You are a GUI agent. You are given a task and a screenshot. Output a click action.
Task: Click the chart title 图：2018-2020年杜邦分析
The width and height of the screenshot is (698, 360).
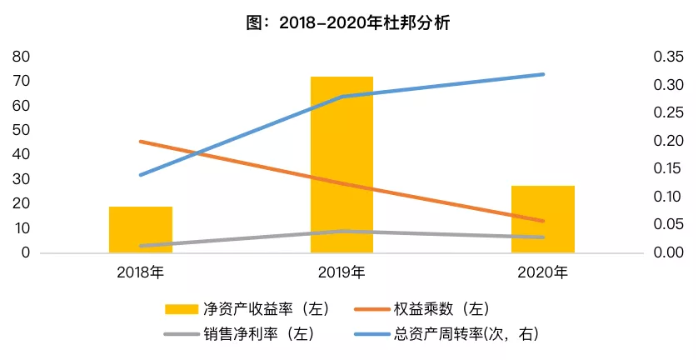tap(348, 22)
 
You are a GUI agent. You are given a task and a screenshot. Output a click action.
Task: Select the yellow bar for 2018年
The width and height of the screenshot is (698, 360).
tap(141, 229)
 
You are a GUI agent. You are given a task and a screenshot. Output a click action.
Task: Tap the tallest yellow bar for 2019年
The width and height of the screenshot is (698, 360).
tap(342, 164)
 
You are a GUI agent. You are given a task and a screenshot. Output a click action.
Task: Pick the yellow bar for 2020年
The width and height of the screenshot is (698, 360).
tap(542, 219)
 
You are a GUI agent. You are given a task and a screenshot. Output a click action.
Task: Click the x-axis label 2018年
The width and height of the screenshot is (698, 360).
tap(141, 272)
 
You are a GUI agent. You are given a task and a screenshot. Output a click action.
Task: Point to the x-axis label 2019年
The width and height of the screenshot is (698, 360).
tap(342, 272)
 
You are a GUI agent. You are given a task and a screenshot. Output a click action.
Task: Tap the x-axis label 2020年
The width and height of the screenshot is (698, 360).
tap(542, 272)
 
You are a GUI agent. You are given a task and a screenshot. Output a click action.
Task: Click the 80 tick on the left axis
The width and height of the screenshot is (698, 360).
tap(22, 57)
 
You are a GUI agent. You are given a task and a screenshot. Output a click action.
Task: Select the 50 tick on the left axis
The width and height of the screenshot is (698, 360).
tap(22, 130)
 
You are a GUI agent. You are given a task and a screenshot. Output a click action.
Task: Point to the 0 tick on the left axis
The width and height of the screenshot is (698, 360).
tap(26, 252)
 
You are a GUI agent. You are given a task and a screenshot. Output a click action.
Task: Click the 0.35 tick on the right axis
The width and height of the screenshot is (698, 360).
tap(668, 57)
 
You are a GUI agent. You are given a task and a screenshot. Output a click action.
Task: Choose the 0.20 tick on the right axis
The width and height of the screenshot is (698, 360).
tap(668, 140)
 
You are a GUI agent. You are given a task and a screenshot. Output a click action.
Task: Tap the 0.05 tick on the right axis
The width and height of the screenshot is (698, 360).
tap(668, 224)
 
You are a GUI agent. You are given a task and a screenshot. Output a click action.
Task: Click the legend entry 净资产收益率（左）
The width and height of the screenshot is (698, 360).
tap(247, 309)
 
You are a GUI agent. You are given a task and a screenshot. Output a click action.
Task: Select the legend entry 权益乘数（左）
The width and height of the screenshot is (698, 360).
tap(421, 309)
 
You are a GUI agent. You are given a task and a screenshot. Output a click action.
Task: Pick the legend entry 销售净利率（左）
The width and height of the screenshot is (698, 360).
tap(240, 333)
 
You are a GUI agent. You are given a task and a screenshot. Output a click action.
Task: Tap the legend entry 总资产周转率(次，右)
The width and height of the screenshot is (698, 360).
tap(446, 333)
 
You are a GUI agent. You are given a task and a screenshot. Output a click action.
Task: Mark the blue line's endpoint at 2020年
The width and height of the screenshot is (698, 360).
tap(542, 74)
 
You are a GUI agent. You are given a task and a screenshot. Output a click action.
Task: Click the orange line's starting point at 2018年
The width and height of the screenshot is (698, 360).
tap(141, 142)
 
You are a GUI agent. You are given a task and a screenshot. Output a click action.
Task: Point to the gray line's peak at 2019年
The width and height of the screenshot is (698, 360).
tap(342, 231)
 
